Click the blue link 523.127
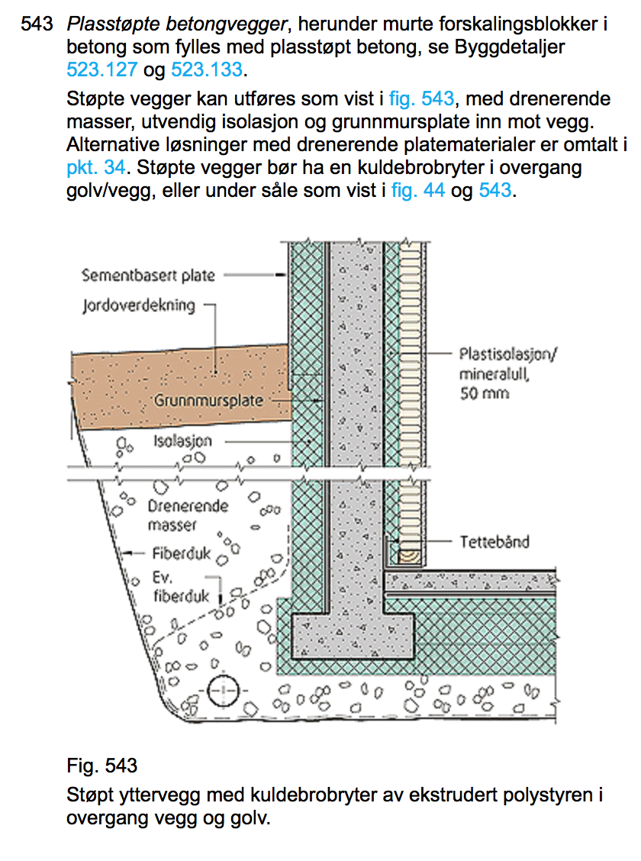pos(99,70)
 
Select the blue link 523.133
pos(206,70)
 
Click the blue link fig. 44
pos(418,191)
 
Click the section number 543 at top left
pos(37,24)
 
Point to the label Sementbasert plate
pos(149,276)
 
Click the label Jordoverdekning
pos(139,306)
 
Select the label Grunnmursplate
pos(209,401)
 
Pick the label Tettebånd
pos(494,542)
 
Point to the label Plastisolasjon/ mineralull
pos(510,365)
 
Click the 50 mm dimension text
pos(485,394)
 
